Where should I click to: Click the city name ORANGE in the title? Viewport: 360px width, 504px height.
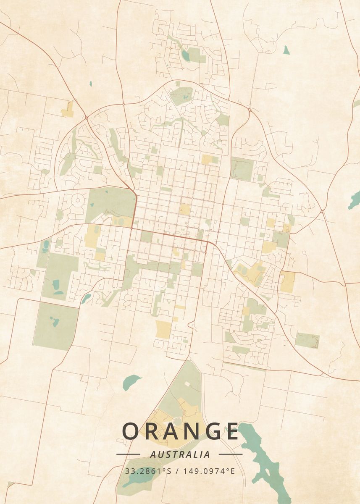(x=180, y=431)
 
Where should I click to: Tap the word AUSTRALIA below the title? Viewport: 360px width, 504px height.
(x=180, y=454)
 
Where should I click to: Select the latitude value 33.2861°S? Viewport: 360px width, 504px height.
(x=148, y=471)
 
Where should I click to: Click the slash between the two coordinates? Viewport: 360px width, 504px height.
(x=177, y=471)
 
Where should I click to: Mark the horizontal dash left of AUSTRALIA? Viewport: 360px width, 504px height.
(x=128, y=454)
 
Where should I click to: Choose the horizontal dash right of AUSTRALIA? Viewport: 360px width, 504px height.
(x=231, y=454)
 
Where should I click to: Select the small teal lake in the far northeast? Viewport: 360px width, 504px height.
(x=286, y=50)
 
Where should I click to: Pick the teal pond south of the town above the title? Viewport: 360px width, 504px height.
(x=131, y=381)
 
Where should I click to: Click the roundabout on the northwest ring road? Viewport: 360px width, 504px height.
(x=86, y=118)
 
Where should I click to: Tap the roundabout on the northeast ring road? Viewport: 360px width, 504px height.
(x=250, y=110)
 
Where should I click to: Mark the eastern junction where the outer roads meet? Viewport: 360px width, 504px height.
(x=322, y=211)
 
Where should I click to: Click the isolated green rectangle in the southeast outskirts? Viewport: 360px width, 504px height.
(x=307, y=340)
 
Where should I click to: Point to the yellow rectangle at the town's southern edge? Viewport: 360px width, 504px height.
(x=163, y=329)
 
